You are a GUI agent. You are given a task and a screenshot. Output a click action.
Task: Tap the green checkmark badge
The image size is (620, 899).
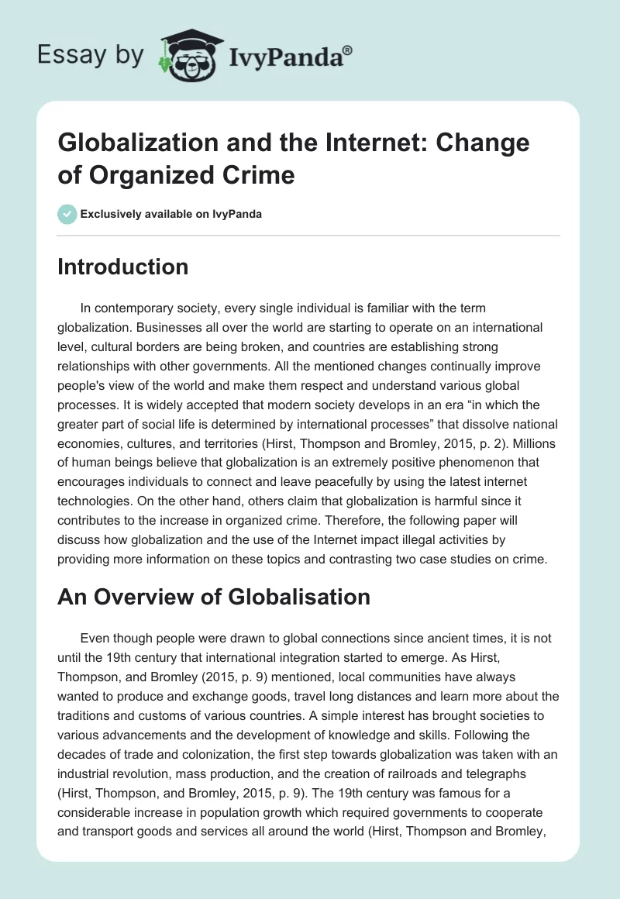68,214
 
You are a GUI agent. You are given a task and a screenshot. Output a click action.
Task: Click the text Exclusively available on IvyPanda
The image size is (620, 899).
171,214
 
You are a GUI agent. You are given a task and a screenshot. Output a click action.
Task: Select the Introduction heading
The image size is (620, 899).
123,267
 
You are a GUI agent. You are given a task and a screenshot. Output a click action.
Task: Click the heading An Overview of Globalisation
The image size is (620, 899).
214,597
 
